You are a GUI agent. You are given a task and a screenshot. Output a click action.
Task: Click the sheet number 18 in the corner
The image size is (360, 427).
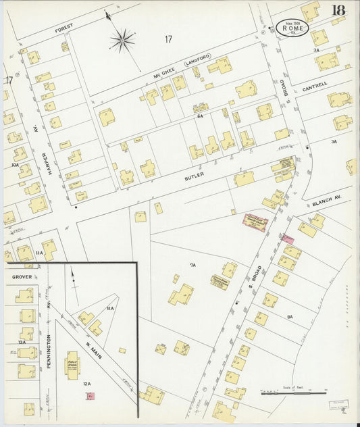(338, 10)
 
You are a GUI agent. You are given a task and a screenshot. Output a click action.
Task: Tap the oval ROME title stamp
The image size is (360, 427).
(292, 28)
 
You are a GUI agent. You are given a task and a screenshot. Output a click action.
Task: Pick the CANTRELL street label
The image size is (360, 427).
(315, 87)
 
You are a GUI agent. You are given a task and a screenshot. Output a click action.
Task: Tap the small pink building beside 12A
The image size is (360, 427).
(89, 396)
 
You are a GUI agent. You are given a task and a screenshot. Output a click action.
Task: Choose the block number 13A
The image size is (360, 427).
(22, 342)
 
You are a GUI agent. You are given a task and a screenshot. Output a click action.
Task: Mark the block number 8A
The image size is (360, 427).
(290, 316)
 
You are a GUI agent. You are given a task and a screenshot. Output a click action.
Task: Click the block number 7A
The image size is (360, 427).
(192, 266)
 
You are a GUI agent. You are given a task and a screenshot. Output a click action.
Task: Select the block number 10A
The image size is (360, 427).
(15, 164)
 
